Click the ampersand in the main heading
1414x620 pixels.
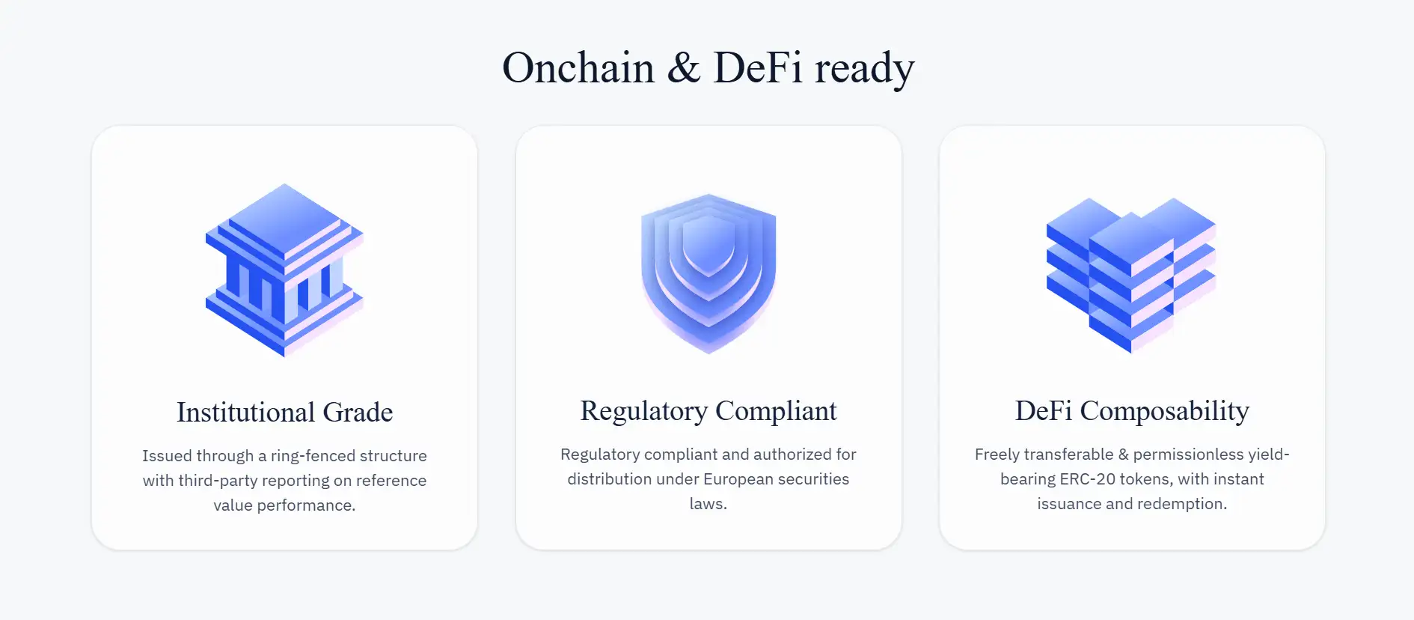pyautogui.click(x=684, y=67)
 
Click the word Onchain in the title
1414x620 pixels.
pyautogui.click(x=578, y=67)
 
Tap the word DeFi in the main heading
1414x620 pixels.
pyautogui.click(x=758, y=67)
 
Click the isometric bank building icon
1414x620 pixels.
pyautogui.click(x=284, y=270)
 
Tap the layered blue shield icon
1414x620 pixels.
pyautogui.click(x=708, y=273)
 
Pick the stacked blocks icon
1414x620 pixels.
pyautogui.click(x=1131, y=275)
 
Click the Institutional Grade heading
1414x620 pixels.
pyautogui.click(x=285, y=412)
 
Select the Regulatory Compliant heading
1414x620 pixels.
pyautogui.click(x=708, y=411)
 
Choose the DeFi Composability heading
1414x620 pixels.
pyautogui.click(x=1132, y=411)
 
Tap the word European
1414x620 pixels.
pyautogui.click(x=739, y=479)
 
